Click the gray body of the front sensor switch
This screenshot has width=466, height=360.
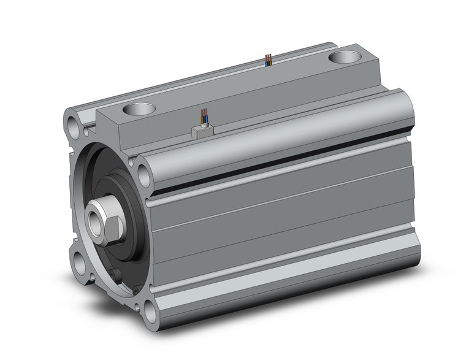pos(201,131)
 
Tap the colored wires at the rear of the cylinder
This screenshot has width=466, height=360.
pos(267,59)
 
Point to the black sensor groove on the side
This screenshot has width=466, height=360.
pos(276,175)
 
